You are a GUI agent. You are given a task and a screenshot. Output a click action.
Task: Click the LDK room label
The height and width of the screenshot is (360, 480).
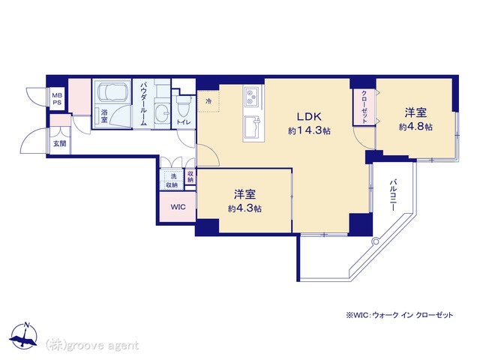[309, 117]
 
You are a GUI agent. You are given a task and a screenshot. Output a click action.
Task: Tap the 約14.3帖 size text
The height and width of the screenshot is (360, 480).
[309, 131]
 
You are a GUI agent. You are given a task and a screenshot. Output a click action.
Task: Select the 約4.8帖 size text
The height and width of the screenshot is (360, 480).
[415, 127]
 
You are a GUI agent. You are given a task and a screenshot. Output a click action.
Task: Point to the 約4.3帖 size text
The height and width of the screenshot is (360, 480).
[244, 208]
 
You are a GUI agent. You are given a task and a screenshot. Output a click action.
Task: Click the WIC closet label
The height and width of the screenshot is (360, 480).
[178, 207]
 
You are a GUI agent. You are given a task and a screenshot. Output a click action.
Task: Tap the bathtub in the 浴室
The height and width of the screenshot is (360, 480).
[112, 91]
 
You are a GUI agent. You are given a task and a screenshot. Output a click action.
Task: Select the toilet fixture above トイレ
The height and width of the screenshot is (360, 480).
[184, 106]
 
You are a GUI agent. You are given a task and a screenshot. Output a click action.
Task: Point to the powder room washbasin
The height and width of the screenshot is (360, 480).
[162, 113]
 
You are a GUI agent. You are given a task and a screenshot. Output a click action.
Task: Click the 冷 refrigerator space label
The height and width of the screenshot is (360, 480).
[208, 101]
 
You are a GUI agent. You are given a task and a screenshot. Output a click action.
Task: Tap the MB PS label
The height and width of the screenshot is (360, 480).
[57, 98]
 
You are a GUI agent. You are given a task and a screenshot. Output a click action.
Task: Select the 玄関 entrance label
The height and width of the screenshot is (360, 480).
[60, 143]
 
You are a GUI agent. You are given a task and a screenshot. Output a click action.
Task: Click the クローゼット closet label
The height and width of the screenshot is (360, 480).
[364, 106]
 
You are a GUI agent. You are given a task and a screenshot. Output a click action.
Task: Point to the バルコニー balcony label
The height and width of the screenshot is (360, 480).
[393, 195]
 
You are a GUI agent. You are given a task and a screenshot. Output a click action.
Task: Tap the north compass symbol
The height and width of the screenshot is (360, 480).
[23, 335]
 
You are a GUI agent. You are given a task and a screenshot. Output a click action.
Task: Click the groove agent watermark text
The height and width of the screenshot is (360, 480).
[92, 346]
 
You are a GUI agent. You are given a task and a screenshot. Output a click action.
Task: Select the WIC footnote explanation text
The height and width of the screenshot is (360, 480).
[399, 315]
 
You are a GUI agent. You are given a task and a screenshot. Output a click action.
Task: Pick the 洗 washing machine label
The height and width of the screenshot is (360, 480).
[173, 177]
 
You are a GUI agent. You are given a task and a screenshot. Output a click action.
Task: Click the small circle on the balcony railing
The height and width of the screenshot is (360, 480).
[375, 241]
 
